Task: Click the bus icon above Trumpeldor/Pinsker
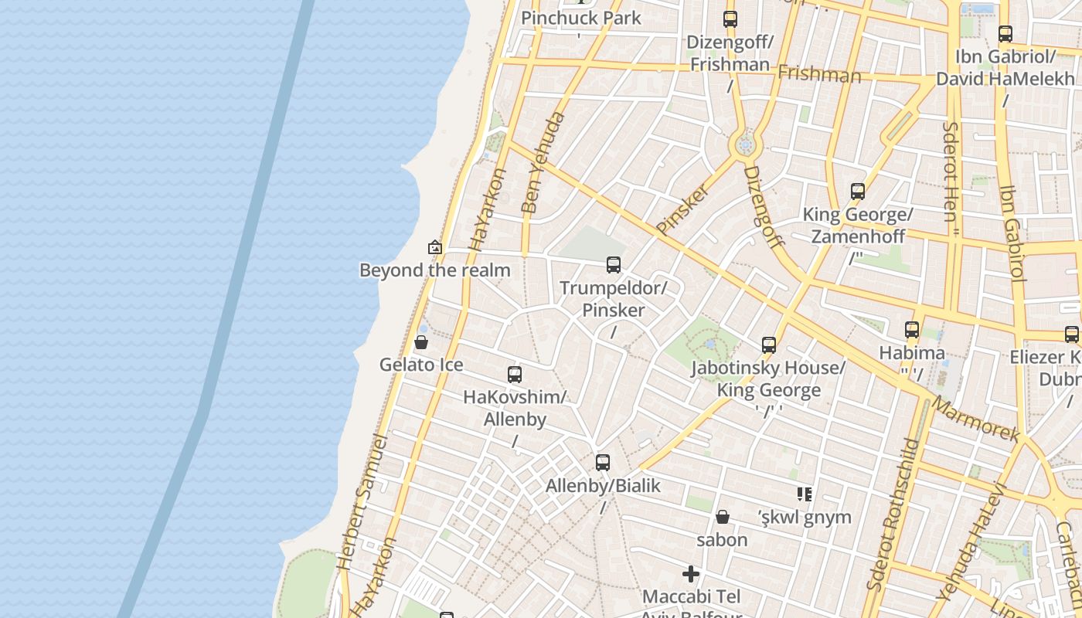click(x=614, y=265)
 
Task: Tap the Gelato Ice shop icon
click(x=421, y=341)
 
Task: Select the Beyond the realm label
click(x=434, y=270)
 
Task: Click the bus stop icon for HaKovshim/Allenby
click(x=515, y=375)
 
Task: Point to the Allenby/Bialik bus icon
click(x=603, y=463)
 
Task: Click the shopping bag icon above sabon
click(x=723, y=516)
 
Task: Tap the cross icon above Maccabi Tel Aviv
click(x=691, y=574)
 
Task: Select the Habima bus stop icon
click(x=912, y=330)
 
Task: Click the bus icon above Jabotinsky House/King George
click(x=768, y=345)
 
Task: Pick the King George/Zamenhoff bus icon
click(x=857, y=192)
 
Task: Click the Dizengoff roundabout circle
click(x=745, y=144)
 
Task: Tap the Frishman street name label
click(x=819, y=74)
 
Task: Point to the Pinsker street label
click(x=683, y=209)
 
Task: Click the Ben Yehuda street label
click(x=543, y=163)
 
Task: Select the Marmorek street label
click(x=975, y=420)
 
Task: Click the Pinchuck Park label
click(x=581, y=18)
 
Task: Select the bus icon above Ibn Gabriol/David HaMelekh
click(x=1005, y=34)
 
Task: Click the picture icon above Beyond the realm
click(x=435, y=248)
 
